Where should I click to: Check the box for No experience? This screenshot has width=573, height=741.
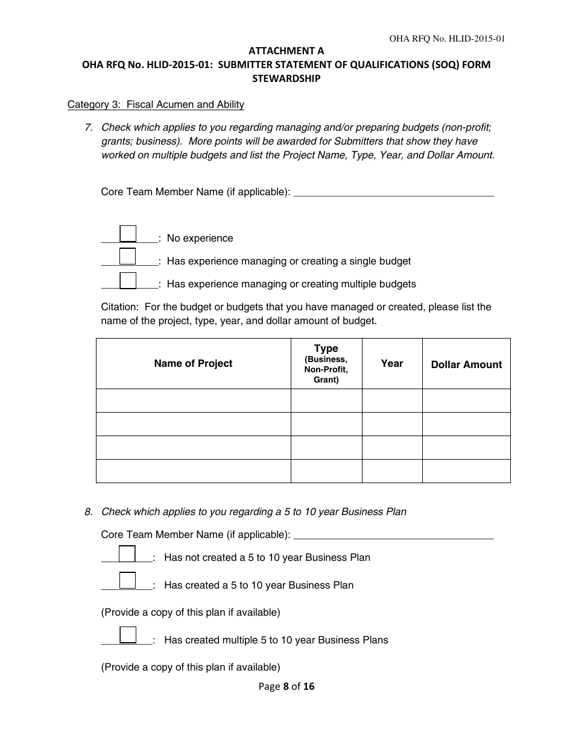[128, 234]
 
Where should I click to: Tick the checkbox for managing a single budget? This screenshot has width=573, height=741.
[128, 257]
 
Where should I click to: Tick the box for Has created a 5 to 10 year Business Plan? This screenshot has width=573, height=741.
[127, 580]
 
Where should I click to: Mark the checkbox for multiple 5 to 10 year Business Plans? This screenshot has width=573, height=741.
[127, 635]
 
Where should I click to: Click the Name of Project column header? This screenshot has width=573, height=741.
[193, 363]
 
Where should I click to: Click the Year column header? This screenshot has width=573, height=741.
[392, 363]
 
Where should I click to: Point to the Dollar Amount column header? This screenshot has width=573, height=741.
[466, 364]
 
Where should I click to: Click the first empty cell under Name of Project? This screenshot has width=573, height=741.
[193, 401]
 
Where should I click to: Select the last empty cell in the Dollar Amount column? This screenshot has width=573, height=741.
[466, 471]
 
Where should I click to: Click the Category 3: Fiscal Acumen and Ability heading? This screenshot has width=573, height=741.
[156, 105]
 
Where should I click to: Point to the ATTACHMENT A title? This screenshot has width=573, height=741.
[286, 52]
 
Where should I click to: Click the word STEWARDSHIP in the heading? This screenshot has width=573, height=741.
[286, 78]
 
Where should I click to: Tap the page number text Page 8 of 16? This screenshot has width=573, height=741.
[286, 686]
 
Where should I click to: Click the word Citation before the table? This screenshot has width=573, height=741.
[121, 307]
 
